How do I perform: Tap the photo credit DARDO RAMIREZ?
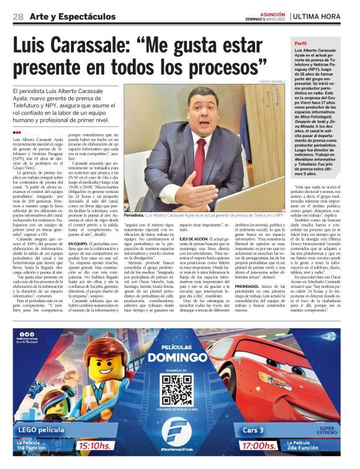(x=273, y=81)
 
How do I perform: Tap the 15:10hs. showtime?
(x=96, y=445)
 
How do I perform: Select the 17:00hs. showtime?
(x=259, y=445)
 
